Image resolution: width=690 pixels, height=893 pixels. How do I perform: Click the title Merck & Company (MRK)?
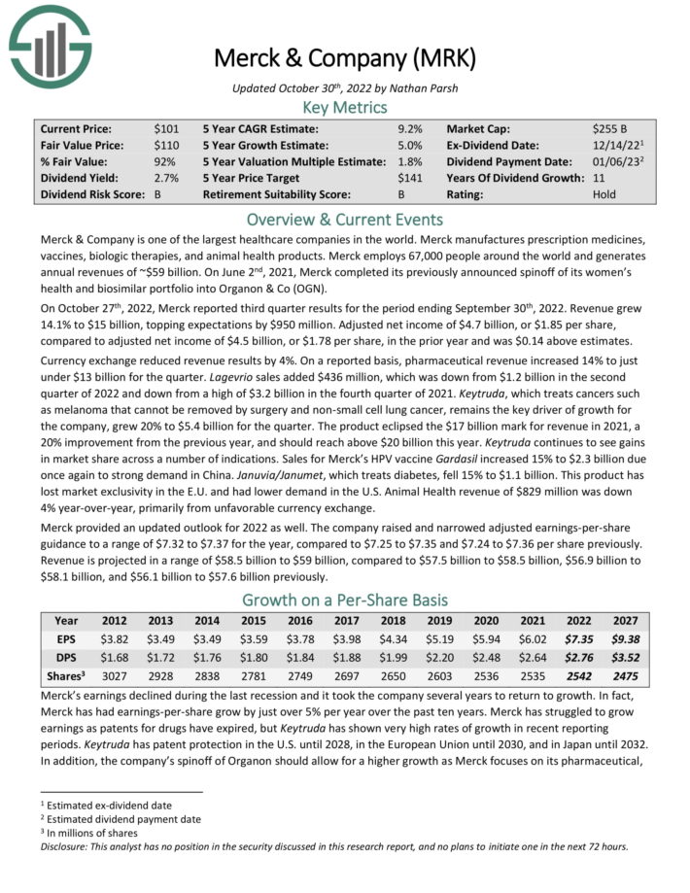[x=344, y=60]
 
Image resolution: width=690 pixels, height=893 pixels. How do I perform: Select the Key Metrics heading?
[x=344, y=108]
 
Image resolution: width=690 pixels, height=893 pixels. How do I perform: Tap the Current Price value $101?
[x=166, y=128]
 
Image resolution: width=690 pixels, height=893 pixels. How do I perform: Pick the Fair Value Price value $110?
[x=166, y=145]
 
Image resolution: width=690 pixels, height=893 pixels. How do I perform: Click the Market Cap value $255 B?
[x=611, y=128]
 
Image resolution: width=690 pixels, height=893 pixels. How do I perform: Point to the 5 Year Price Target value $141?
[x=410, y=178]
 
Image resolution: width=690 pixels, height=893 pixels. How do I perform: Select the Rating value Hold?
[x=604, y=194]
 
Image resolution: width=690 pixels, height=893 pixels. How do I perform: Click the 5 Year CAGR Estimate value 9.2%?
[x=409, y=128]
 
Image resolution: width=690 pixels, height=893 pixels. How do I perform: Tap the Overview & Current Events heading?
[x=344, y=220]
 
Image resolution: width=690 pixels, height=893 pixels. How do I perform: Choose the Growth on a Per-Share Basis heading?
[x=344, y=600]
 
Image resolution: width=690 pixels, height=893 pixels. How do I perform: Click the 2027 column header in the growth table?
[x=624, y=620]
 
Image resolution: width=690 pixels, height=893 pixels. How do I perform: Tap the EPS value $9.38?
[x=624, y=637]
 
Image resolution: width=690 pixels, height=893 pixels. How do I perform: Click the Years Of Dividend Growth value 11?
[x=598, y=178]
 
